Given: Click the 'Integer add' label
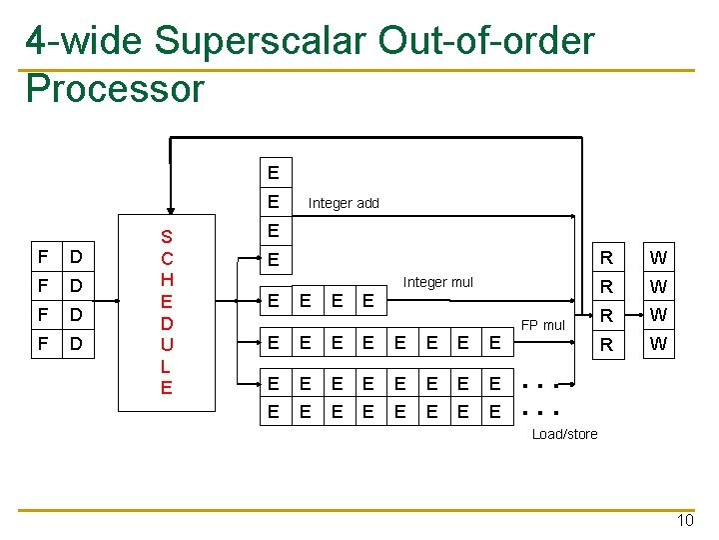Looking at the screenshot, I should click(344, 203).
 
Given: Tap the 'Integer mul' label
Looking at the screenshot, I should click(437, 282).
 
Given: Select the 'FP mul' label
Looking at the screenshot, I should click(543, 325).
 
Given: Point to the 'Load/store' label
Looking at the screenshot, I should click(565, 434).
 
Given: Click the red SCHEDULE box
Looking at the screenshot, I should click(167, 312).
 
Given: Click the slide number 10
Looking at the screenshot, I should click(684, 520).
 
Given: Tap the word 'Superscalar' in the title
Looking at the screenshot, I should click(261, 41).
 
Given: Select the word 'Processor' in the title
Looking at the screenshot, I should click(115, 88).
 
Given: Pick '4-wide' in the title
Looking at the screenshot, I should click(85, 41).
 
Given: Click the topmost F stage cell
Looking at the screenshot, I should click(42, 258).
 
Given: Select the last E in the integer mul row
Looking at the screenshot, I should click(368, 299).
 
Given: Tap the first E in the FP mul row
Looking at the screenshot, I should click(273, 344).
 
